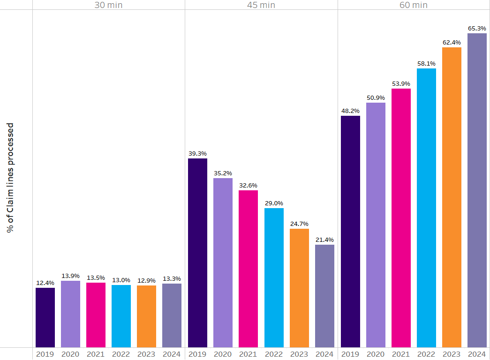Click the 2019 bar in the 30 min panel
click(45, 317)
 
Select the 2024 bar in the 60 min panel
click(477, 190)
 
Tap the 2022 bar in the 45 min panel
click(274, 277)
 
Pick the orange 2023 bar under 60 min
click(452, 197)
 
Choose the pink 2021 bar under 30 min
click(96, 315)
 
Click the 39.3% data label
click(197, 153)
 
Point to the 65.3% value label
click(477, 29)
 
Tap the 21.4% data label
click(324, 240)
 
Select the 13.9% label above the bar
click(70, 276)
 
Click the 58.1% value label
click(426, 64)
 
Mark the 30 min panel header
click(109, 5)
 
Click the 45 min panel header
click(261, 5)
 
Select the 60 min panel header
click(414, 5)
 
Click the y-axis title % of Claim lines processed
click(10, 178)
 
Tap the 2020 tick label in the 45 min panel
click(223, 354)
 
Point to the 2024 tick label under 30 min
click(172, 354)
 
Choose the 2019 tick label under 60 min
click(350, 354)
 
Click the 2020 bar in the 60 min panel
click(376, 225)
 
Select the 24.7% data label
click(299, 224)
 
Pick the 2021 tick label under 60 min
click(401, 354)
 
